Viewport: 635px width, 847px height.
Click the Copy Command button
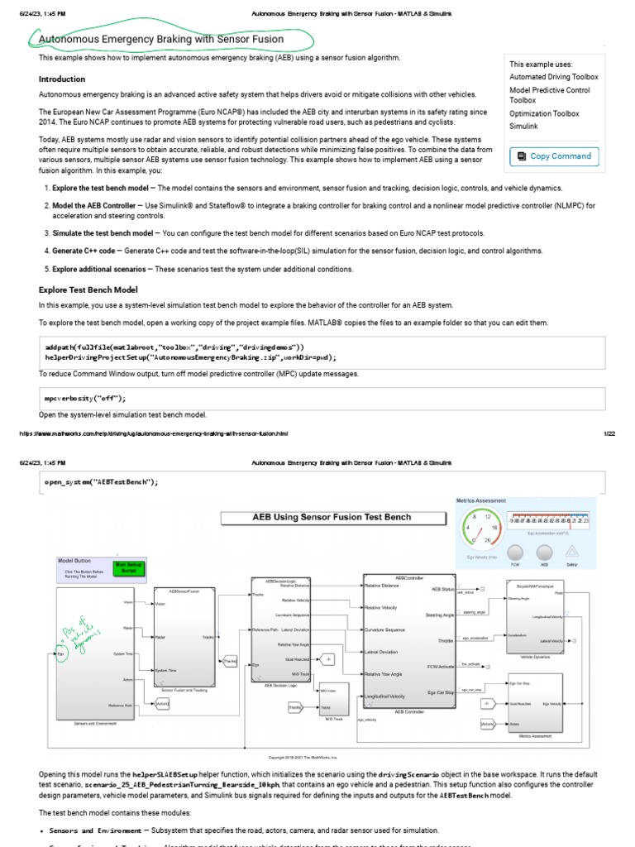(553, 156)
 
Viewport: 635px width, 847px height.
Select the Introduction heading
(62, 79)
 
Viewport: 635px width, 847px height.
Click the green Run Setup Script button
(129, 568)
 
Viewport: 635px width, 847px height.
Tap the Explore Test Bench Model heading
(88, 290)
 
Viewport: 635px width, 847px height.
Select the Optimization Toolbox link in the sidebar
(544, 113)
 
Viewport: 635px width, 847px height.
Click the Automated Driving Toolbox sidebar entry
(554, 77)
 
